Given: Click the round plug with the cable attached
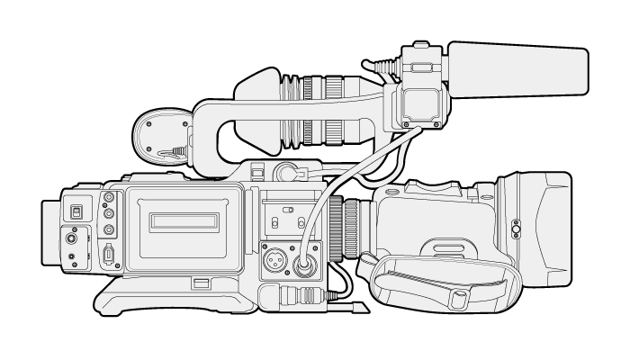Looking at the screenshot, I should point(303,262).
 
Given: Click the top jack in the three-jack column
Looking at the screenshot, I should point(110,198).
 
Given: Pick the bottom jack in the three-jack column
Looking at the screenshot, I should point(110,228).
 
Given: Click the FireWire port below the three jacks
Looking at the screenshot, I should point(110,255).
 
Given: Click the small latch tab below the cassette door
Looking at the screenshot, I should point(201,284).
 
